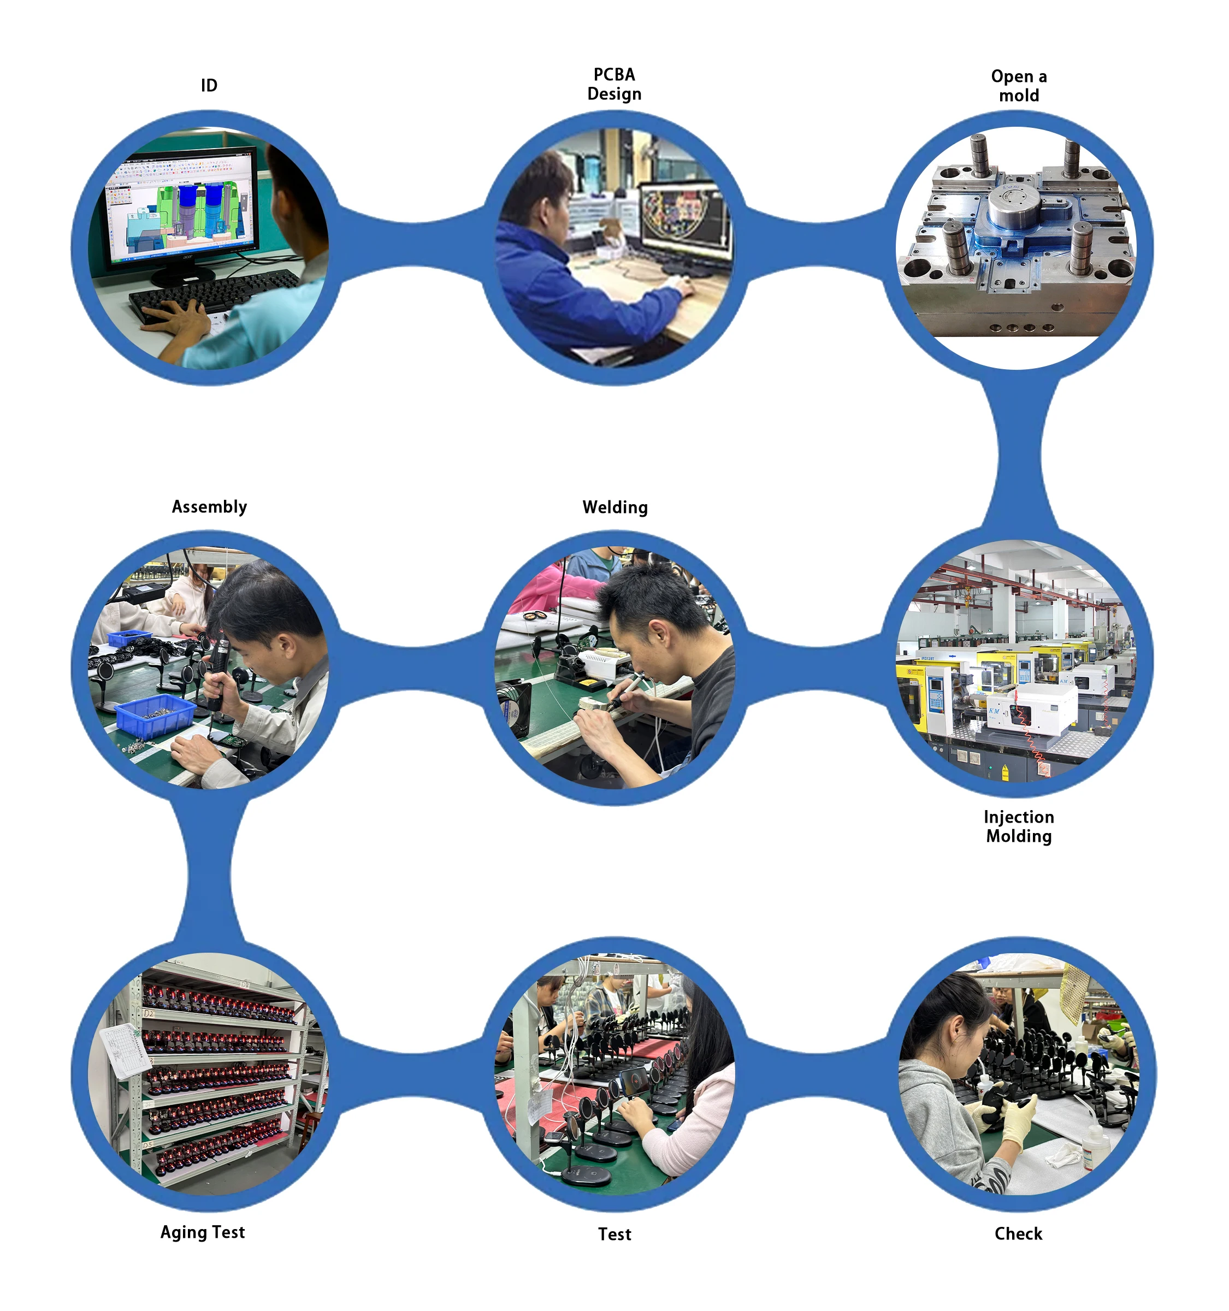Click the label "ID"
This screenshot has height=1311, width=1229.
coord(209,86)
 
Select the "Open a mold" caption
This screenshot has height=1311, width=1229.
coord(1019,86)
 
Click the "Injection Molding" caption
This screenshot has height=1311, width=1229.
coord(1019,826)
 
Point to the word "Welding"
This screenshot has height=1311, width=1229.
coord(615,507)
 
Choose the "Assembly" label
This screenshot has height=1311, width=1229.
coord(209,506)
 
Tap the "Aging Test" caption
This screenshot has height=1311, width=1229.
coord(203,1232)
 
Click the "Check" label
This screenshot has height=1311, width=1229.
coord(1018,1233)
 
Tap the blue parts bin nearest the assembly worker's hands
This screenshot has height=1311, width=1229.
coord(156,716)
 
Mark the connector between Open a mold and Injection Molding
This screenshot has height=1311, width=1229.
coord(1019,455)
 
